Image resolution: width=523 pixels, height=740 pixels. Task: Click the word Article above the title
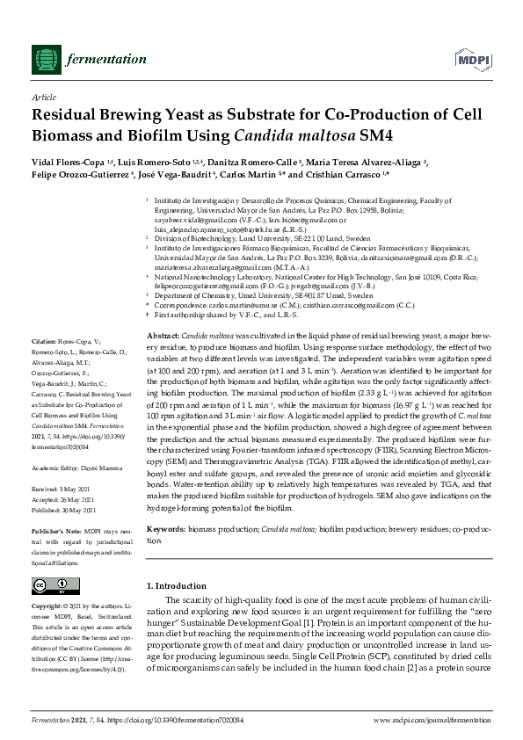[43, 98]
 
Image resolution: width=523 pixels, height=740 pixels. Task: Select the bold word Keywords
[165, 529]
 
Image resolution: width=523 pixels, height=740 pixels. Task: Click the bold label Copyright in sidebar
[48, 606]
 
